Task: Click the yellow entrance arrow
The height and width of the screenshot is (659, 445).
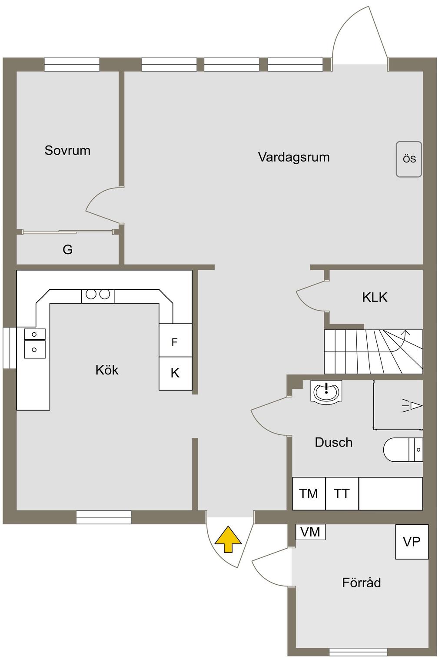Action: tap(228, 539)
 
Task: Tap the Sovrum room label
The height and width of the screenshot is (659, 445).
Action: tap(67, 150)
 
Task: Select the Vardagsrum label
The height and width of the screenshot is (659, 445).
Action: tap(294, 157)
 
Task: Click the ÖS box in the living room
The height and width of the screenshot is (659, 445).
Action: tap(409, 159)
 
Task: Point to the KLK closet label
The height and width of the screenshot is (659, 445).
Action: tap(375, 297)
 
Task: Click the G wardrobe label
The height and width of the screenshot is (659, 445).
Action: tap(67, 249)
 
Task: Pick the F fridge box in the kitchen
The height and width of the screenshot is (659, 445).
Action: tap(175, 342)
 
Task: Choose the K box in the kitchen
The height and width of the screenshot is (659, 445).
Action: tap(175, 373)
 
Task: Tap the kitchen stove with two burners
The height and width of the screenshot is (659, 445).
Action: tap(98, 295)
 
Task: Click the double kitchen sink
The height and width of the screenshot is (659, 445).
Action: tap(34, 343)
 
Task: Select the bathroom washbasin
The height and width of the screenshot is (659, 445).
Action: tap(326, 391)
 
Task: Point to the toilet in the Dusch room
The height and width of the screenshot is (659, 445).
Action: tap(402, 450)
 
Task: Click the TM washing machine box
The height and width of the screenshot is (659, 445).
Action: tap(309, 493)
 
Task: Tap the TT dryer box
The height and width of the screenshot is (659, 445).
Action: tap(342, 493)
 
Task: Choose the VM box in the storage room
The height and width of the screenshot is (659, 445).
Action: tap(310, 532)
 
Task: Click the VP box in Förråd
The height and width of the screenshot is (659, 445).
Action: tap(412, 542)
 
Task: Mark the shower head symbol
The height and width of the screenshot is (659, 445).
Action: tap(413, 406)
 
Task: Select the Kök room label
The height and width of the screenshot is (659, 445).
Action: tap(107, 370)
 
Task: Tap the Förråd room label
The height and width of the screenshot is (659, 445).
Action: tap(361, 583)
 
